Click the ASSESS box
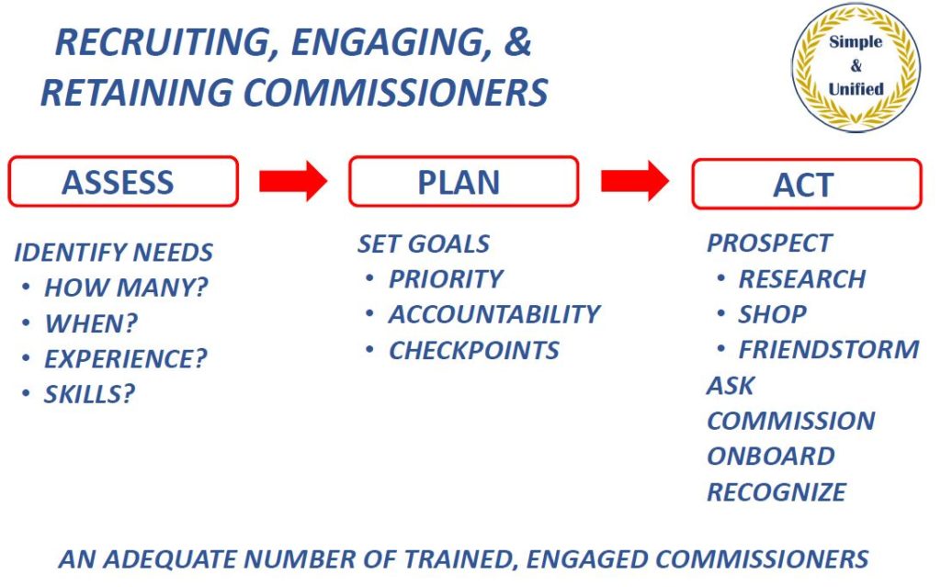[x=123, y=181]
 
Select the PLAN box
[x=463, y=181]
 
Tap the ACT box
[x=807, y=184]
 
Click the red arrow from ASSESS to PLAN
[x=293, y=181]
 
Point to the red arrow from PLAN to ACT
[x=635, y=181]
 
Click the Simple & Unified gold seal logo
[x=856, y=67]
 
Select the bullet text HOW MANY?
[x=126, y=288]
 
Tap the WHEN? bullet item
[x=91, y=323]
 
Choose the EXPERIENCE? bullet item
[x=125, y=359]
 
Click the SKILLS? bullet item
[x=89, y=394]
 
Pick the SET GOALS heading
[x=424, y=243]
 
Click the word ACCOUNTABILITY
[x=494, y=314]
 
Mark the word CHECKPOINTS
[x=474, y=351]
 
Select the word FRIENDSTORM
[x=829, y=349]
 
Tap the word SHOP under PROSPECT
[x=772, y=314]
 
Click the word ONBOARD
[x=771, y=457]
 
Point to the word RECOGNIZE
[x=777, y=492]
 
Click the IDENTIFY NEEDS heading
[x=113, y=252]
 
